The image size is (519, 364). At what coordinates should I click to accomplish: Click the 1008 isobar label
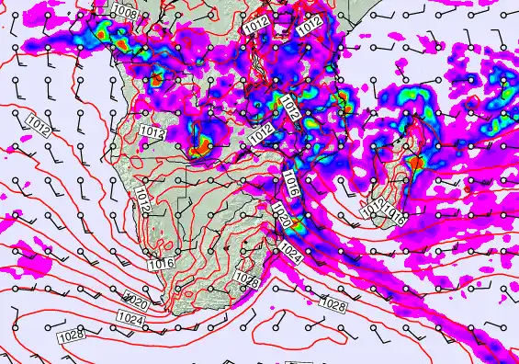click(125, 14)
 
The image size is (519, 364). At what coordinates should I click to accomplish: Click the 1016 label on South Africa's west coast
click(162, 264)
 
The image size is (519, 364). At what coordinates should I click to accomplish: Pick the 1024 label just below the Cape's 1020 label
click(130, 319)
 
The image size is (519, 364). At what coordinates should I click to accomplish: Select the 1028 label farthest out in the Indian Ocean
click(333, 301)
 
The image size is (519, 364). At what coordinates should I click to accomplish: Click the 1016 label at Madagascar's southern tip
click(396, 214)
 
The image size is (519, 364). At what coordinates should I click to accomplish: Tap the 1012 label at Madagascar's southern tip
click(373, 209)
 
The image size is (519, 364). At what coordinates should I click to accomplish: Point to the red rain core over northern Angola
click(156, 78)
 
